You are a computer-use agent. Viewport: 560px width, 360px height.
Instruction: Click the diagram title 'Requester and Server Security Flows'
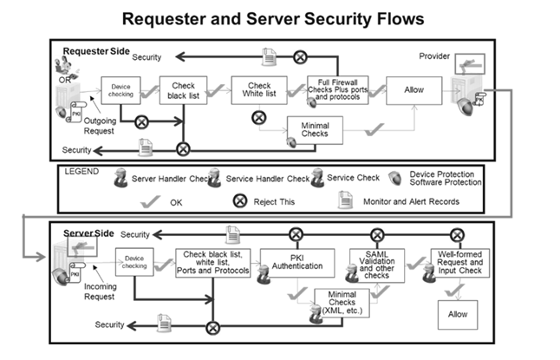pos(279,18)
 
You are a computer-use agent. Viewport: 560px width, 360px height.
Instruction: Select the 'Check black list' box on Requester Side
pos(183,89)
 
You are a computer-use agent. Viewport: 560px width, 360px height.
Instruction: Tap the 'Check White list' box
pos(257,89)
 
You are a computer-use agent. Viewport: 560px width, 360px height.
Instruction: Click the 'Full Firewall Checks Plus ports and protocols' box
pos(337,91)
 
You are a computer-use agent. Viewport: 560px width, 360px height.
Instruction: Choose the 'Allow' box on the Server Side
pos(458,313)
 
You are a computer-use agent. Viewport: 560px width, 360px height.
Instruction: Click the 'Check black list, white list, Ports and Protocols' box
pos(212,262)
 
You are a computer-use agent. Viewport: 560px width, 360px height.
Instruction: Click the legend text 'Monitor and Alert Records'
pos(412,200)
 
